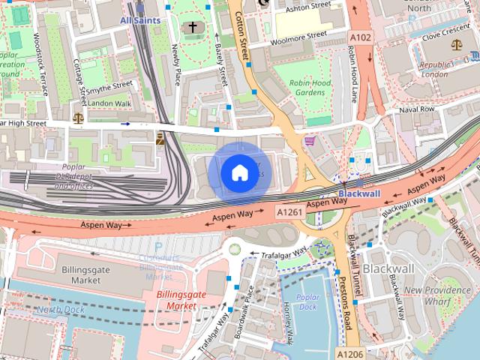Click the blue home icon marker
(238, 172)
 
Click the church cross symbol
(192, 28)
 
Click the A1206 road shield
(349, 353)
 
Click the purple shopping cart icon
(309, 140)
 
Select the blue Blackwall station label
(354, 193)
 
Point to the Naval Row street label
(416, 109)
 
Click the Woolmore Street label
(298, 34)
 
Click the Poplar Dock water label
(307, 301)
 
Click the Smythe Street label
(109, 87)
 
